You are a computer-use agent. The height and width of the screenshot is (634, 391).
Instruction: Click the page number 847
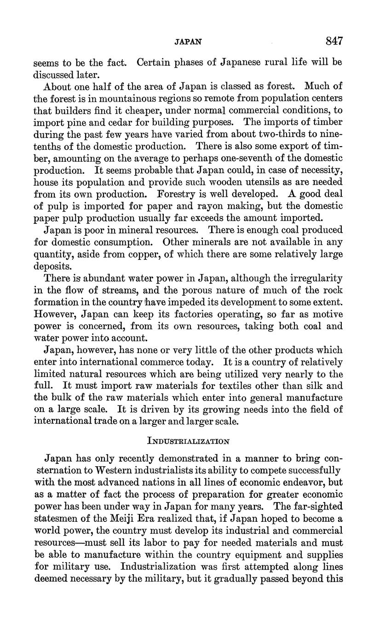pyautogui.click(x=333, y=41)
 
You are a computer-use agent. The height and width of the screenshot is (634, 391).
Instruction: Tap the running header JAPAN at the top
pyautogui.click(x=188, y=42)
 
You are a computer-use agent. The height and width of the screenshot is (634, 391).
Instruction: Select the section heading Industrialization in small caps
pyautogui.click(x=188, y=441)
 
